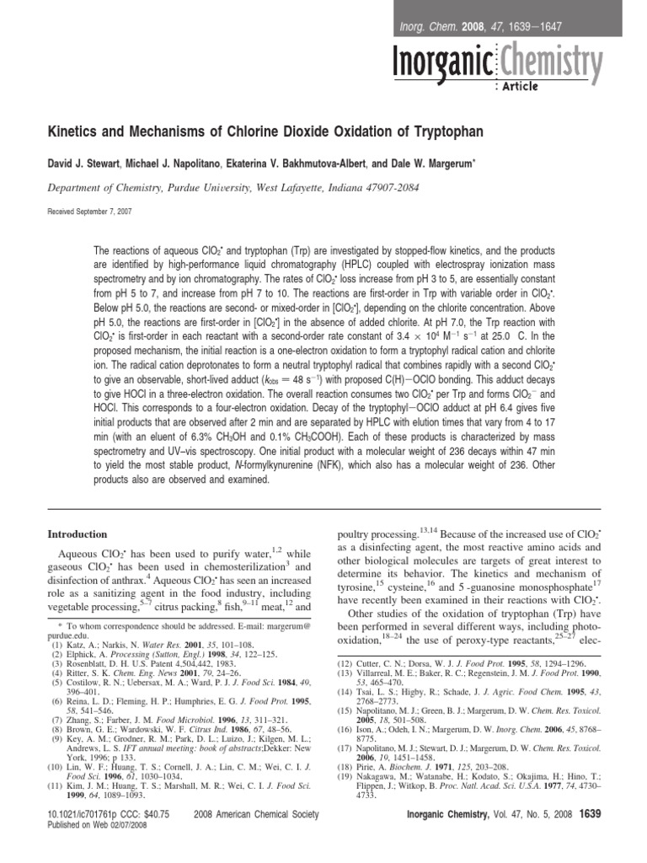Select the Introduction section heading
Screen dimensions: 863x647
[77, 533]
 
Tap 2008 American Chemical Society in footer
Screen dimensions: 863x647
[256, 837]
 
